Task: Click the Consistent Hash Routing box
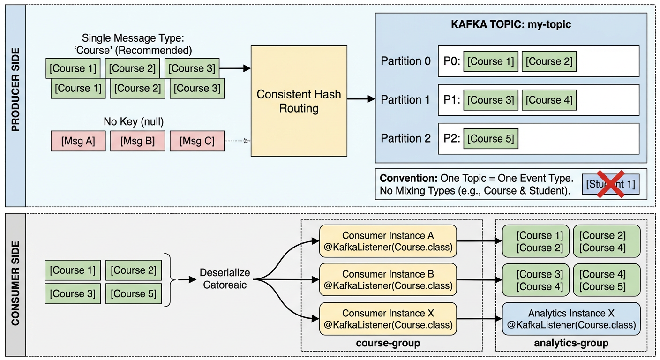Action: coord(299,101)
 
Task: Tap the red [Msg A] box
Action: coord(78,141)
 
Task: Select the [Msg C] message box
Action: coord(197,141)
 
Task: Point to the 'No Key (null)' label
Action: coord(134,122)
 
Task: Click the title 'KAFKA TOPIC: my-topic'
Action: coord(511,24)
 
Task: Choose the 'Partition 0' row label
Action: coord(405,61)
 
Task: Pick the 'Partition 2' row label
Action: coord(405,139)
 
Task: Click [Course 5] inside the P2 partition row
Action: coord(490,139)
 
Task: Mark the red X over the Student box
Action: coord(610,184)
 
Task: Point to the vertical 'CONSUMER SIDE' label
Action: coord(15,284)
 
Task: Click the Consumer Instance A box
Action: coord(388,241)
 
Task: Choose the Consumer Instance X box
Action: coord(388,319)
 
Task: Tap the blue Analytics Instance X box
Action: coord(571,319)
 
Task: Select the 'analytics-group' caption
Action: coord(571,343)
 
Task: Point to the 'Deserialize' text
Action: coord(225,273)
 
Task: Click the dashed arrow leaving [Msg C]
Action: coord(237,141)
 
